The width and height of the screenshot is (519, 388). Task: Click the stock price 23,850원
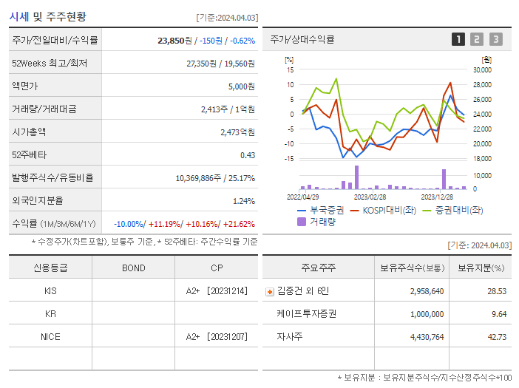174,41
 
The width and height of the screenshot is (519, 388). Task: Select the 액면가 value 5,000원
241,86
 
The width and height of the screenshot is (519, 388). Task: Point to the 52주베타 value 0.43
248,155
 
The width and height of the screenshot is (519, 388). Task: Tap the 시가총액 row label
29,132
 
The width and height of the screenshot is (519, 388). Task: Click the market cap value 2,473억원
237,132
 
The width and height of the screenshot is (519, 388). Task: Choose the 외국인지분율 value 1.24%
244,201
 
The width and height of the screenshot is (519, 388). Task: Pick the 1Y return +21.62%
238,224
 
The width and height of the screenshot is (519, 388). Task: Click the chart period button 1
458,39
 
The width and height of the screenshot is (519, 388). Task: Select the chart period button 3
495,39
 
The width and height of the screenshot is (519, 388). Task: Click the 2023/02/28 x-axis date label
370,197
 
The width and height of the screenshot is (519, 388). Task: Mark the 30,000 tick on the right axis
482,70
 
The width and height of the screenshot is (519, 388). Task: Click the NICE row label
50,336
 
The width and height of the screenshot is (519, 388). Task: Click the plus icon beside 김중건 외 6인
269,291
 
